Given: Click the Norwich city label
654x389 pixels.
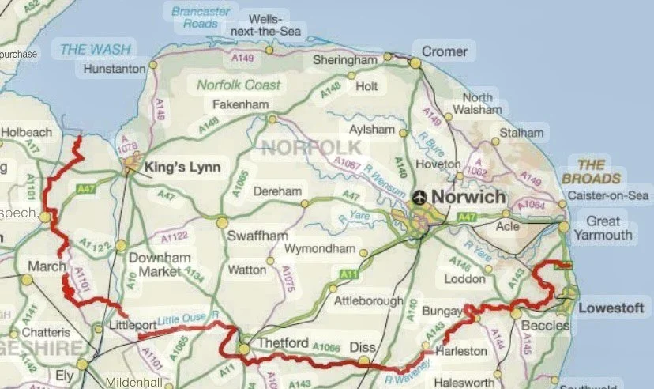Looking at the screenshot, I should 467,197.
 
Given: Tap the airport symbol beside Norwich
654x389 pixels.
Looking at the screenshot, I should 419,197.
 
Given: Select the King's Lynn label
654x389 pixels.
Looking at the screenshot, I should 181,168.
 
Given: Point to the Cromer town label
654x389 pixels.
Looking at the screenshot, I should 445,51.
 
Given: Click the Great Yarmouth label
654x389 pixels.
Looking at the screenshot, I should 609,227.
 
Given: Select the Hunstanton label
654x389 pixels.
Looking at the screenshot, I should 115,69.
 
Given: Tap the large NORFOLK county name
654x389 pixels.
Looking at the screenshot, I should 310,147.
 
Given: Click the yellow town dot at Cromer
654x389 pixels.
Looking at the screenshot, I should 415,62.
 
